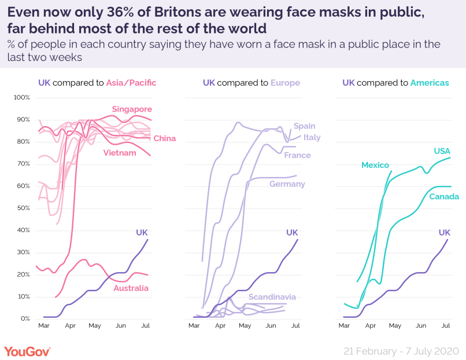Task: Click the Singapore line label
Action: click(x=132, y=109)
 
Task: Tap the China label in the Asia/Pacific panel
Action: click(x=165, y=138)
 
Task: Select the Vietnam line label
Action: click(x=120, y=153)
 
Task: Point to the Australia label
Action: click(x=131, y=288)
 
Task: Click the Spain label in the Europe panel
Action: click(x=305, y=126)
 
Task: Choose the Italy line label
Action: click(x=312, y=137)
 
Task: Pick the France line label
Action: click(x=298, y=155)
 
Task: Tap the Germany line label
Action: click(x=287, y=184)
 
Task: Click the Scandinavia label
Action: click(x=272, y=297)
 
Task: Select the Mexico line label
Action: click(x=375, y=165)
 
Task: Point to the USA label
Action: click(x=442, y=151)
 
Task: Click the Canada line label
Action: click(x=444, y=197)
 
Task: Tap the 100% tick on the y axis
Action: click(x=22, y=97)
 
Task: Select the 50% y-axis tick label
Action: click(x=23, y=208)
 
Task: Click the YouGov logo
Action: click(x=27, y=351)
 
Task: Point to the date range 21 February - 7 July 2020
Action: click(x=401, y=351)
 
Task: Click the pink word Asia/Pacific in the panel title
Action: click(x=131, y=83)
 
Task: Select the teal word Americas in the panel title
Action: click(x=430, y=83)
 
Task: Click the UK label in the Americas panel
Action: click(x=445, y=233)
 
